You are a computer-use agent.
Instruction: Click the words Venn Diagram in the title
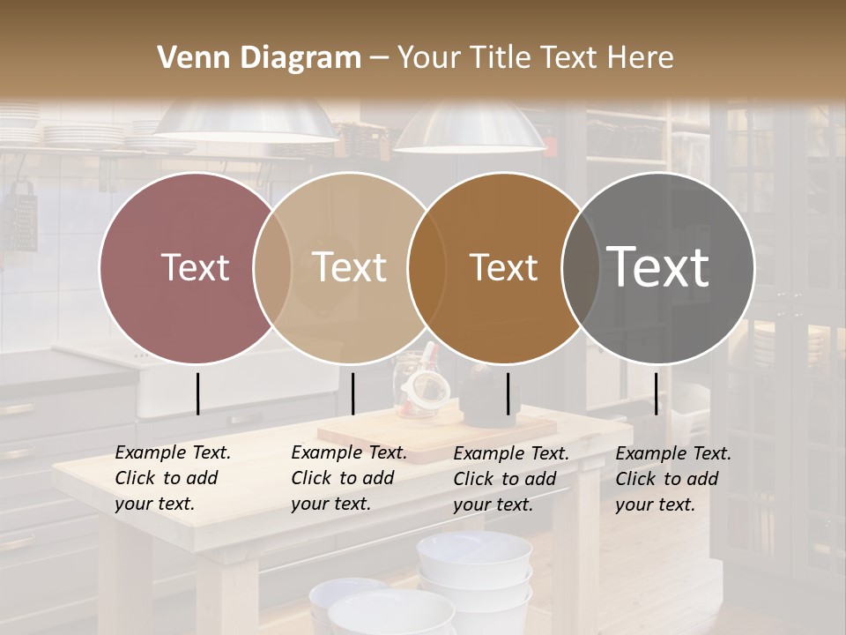pos(259,58)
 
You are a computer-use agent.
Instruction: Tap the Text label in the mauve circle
pos(195,267)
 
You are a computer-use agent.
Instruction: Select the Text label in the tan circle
pos(350,267)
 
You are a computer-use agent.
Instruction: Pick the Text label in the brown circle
pos(503,267)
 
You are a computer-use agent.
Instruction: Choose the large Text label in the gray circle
pos(658,267)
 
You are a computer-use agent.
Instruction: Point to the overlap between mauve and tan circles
pos(272,267)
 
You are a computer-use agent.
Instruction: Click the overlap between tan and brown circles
pos(426,267)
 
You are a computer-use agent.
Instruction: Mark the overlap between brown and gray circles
pos(581,267)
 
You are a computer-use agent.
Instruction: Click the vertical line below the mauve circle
pos(197,393)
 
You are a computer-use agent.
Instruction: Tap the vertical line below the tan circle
pos(352,393)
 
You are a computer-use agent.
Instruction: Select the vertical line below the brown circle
pos(508,393)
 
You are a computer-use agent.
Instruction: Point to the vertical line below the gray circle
pos(656,393)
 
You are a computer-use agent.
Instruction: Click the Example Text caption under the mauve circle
pos(172,478)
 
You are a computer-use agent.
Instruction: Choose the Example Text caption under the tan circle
pos(348,478)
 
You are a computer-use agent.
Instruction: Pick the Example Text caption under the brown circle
pos(510,479)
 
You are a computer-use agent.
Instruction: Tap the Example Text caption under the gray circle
pos(672,479)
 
